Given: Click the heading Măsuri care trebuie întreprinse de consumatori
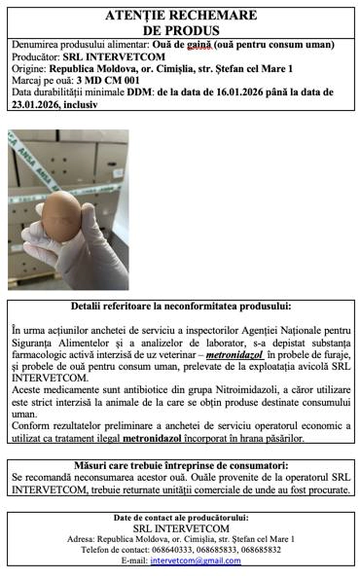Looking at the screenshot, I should (x=180, y=466).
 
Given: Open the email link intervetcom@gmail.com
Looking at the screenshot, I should (x=195, y=562).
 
